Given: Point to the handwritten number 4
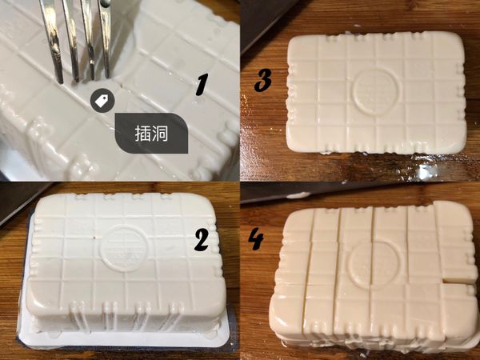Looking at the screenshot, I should click(257, 240).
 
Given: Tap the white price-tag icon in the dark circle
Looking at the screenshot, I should click(101, 99).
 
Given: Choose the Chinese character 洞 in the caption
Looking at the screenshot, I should click(162, 132).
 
